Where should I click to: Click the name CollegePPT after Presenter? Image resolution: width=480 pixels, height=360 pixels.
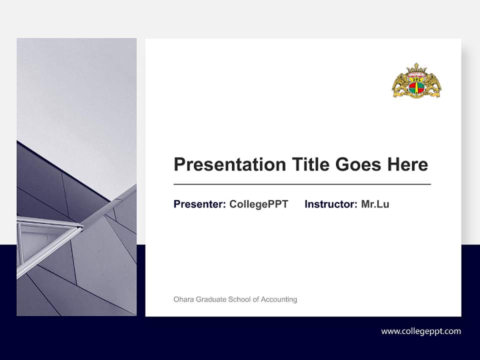click(x=258, y=204)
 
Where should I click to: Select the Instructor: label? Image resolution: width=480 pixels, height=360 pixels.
click(x=331, y=204)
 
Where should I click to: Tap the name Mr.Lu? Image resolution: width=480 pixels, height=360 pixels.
click(x=375, y=204)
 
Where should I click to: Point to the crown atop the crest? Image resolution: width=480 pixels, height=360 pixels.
click(x=416, y=68)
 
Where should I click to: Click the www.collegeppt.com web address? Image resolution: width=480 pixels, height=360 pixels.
click(x=421, y=331)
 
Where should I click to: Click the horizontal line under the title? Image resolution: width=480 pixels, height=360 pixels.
click(x=302, y=184)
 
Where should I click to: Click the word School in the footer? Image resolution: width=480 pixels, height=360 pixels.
click(x=240, y=299)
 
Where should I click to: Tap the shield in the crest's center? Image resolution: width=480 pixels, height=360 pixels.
click(x=416, y=86)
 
